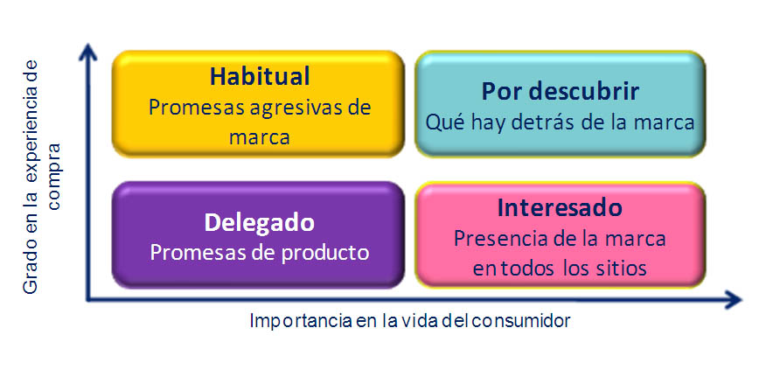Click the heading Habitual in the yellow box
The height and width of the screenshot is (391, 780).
pyautogui.click(x=260, y=77)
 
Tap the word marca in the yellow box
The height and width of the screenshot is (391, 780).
pyautogui.click(x=259, y=138)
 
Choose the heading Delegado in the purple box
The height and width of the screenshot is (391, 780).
pyautogui.click(x=259, y=223)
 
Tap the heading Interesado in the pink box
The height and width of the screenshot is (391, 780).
pyautogui.click(x=560, y=208)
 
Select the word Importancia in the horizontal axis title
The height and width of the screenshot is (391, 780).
pyautogui.click(x=301, y=321)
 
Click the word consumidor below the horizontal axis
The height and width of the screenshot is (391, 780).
pyautogui.click(x=520, y=321)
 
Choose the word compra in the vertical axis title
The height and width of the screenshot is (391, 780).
pyautogui.click(x=52, y=177)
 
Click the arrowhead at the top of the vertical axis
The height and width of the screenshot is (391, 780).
pyautogui.click(x=88, y=52)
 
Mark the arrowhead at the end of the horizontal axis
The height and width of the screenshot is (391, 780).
pyautogui.click(x=732, y=299)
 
